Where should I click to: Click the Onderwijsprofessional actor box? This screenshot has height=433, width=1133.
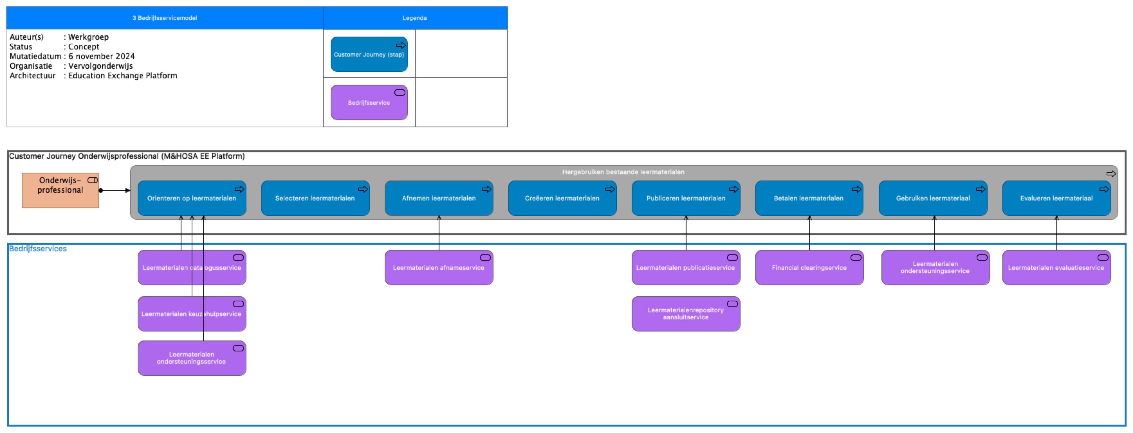(x=60, y=190)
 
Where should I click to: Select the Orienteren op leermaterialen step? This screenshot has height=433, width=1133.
(x=191, y=199)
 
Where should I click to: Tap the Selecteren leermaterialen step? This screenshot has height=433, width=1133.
(x=315, y=199)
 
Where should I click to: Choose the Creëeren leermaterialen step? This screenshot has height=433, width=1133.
(x=562, y=199)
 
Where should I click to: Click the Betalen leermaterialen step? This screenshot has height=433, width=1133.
(x=808, y=199)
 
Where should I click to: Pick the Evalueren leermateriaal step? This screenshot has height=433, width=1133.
(x=1056, y=199)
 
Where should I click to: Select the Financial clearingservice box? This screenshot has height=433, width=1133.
(x=809, y=268)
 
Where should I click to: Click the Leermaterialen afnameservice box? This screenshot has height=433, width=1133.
(x=438, y=268)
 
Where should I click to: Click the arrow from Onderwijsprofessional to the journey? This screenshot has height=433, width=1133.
(x=115, y=190)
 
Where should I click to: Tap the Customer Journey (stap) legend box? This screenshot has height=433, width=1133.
(x=369, y=55)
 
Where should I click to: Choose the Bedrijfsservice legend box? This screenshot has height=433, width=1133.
(x=369, y=103)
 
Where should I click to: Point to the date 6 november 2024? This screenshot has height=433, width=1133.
(x=101, y=56)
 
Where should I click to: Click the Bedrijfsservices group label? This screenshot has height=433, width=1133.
(x=38, y=249)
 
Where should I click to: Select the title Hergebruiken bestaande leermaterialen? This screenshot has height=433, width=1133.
(x=623, y=172)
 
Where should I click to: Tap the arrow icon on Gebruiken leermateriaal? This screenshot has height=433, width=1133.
(x=981, y=189)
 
